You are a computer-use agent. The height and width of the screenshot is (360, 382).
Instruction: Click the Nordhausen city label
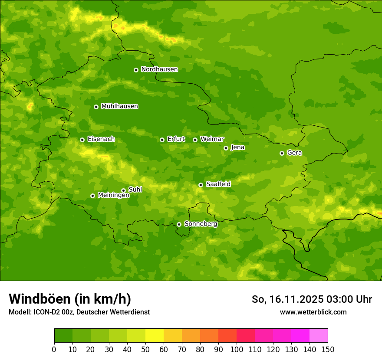click(159, 69)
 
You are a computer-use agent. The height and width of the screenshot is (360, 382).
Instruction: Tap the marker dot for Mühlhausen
click(96, 107)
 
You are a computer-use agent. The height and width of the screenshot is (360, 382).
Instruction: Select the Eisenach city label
click(101, 139)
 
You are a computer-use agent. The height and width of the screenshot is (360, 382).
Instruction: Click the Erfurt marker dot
click(162, 140)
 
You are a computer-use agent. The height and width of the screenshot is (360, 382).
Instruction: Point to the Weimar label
click(212, 139)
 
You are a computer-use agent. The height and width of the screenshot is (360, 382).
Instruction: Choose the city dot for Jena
click(226, 148)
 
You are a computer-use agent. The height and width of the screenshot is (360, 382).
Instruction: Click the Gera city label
click(294, 153)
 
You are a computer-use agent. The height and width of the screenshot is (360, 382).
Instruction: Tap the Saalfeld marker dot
click(201, 185)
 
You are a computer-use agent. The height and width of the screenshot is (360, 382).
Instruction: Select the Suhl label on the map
click(135, 190)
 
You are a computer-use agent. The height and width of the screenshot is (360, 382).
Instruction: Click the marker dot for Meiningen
click(92, 196)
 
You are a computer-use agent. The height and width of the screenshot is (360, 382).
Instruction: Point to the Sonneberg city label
click(201, 224)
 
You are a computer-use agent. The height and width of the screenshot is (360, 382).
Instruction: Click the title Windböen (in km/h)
click(70, 299)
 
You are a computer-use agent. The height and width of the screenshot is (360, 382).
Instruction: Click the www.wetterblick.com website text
click(313, 312)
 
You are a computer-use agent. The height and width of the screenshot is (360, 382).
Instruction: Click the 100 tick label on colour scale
click(237, 349)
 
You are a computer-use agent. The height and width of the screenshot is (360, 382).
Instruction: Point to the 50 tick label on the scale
click(145, 349)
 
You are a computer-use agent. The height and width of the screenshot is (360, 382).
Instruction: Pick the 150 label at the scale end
click(328, 349)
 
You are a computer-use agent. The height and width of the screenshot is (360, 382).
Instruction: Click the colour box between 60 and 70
click(173, 336)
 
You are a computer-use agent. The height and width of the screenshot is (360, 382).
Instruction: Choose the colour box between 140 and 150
click(319, 336)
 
